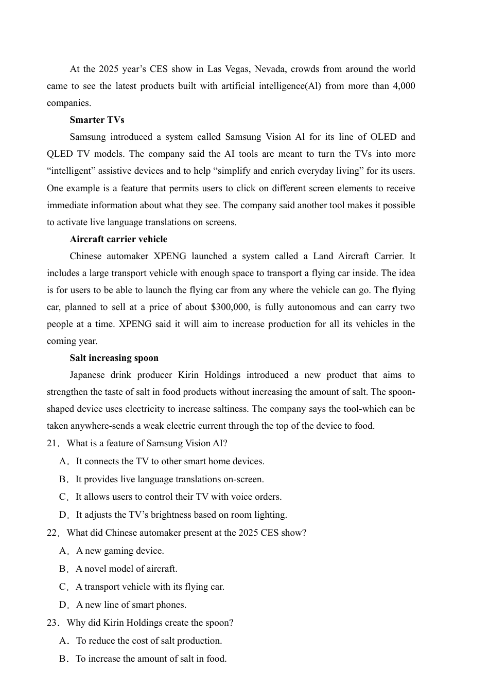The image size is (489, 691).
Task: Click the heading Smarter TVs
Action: [97, 120]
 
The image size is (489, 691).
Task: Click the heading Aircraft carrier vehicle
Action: [118, 239]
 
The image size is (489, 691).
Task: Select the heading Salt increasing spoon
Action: [114, 358]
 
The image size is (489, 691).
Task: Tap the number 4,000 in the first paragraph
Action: [404, 86]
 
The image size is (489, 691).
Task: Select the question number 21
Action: [53, 443]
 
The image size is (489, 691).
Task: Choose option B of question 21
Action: [169, 479]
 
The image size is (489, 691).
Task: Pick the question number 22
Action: [53, 533]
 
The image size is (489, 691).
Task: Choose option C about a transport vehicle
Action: [150, 587]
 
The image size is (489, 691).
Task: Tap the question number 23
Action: [53, 623]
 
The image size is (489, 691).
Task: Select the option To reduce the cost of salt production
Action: [149, 641]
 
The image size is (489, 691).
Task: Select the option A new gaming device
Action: [120, 551]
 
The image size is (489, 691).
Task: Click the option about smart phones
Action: [131, 605]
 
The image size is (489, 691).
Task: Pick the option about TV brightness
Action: [181, 515]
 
